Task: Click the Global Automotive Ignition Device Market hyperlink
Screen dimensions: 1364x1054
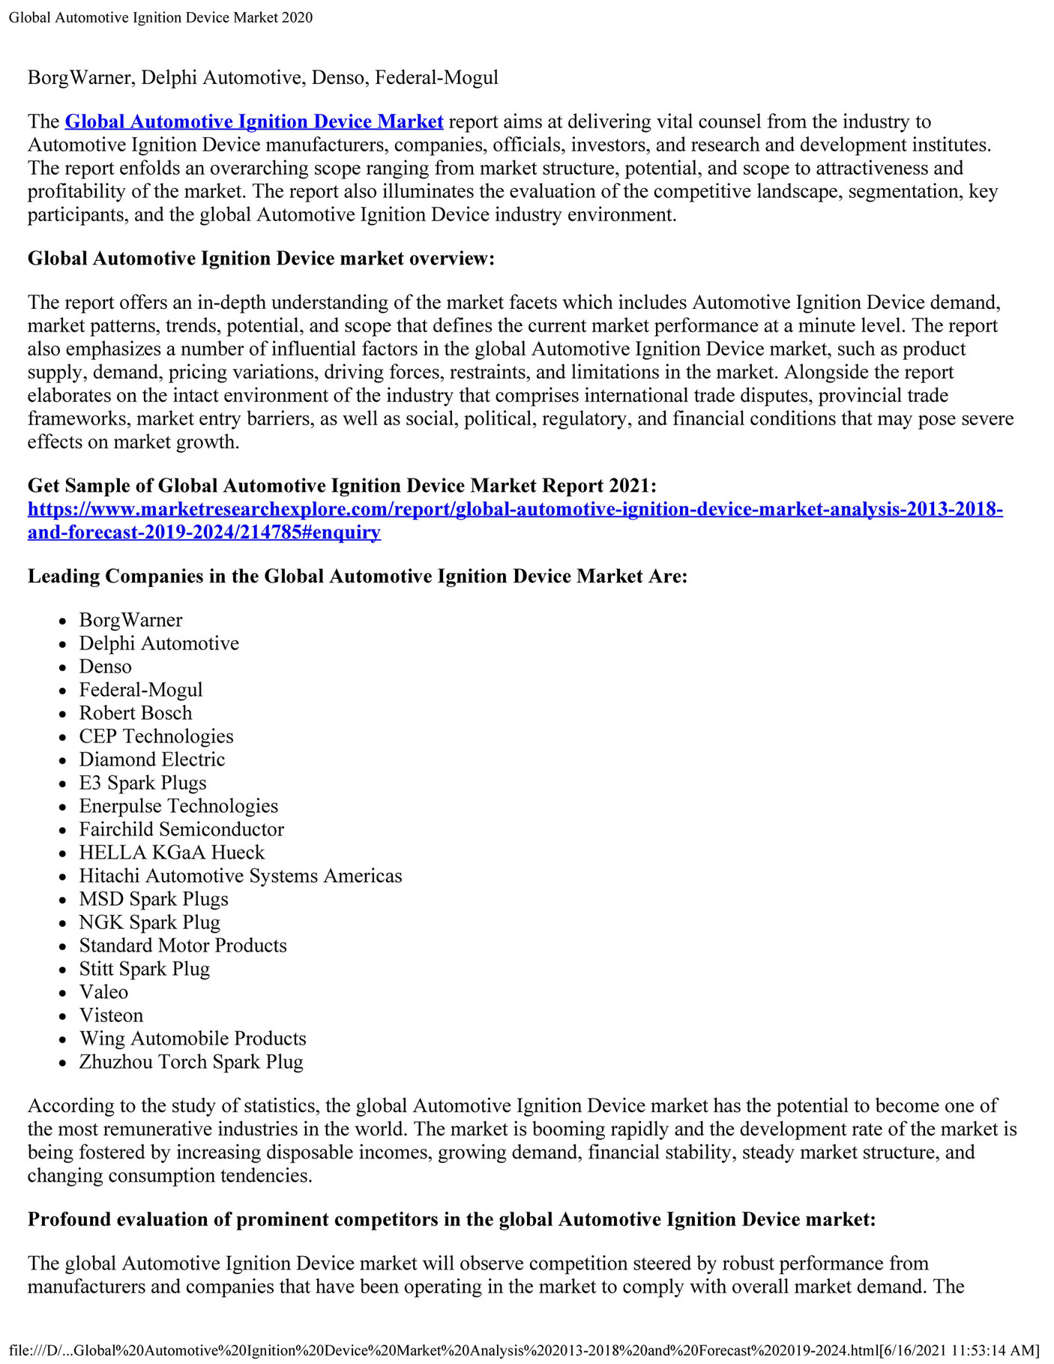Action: pyautogui.click(x=254, y=121)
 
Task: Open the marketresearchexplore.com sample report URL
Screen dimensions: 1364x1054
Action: pyautogui.click(x=515, y=510)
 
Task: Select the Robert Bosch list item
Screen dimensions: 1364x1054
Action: pyautogui.click(x=136, y=713)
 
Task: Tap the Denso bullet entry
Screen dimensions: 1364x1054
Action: pyautogui.click(x=105, y=667)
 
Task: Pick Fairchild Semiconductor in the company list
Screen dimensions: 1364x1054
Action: pyautogui.click(x=181, y=829)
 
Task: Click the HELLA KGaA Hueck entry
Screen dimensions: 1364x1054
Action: pyautogui.click(x=172, y=853)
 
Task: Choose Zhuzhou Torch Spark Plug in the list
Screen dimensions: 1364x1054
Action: pyautogui.click(x=191, y=1062)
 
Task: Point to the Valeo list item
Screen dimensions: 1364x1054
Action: pyautogui.click(x=103, y=992)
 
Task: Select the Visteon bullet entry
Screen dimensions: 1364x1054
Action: pyautogui.click(x=111, y=1015)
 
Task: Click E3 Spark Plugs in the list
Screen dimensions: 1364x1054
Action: pyautogui.click(x=142, y=783)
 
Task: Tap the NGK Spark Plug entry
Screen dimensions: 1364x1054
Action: pyautogui.click(x=149, y=922)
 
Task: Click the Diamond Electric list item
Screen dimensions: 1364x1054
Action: pyautogui.click(x=152, y=760)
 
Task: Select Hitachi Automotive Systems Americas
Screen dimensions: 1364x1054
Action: pyautogui.click(x=241, y=876)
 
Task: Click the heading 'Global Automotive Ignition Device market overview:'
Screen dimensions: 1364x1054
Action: pyautogui.click(x=261, y=259)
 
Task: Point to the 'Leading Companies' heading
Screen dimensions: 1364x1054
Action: pyautogui.click(x=358, y=577)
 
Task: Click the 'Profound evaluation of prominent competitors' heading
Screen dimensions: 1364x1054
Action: pyautogui.click(x=451, y=1219)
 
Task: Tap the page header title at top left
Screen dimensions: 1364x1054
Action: pyautogui.click(x=160, y=17)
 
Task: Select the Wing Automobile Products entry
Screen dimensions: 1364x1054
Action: pyautogui.click(x=193, y=1039)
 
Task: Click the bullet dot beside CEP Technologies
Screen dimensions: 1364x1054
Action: pyautogui.click(x=64, y=737)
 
